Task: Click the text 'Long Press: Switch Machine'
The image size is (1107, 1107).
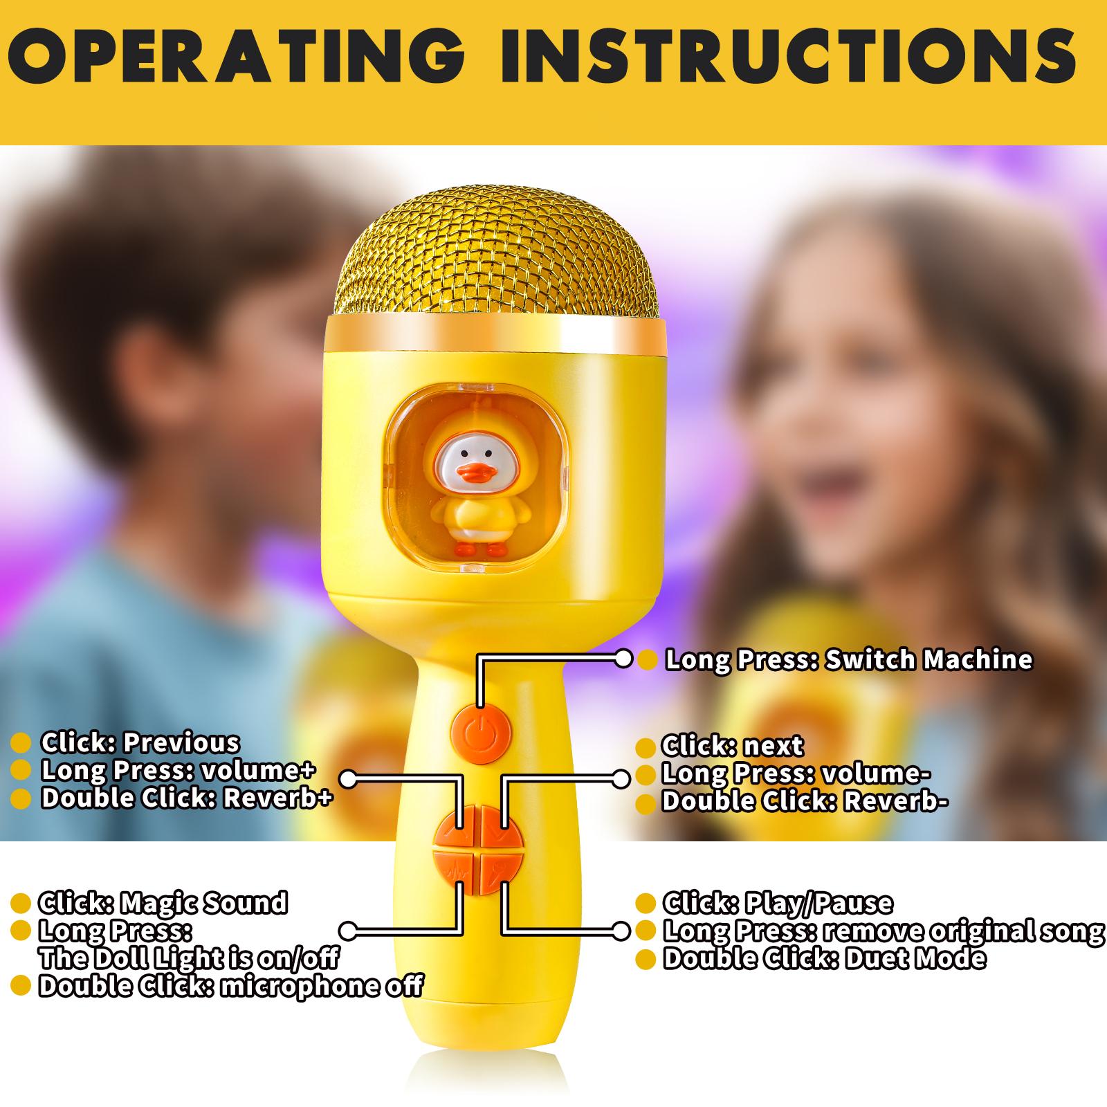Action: coord(848,659)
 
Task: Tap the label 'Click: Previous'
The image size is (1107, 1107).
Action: coord(140,742)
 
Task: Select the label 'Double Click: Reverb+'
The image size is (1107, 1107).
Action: coord(187,798)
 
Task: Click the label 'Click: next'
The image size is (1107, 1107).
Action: coord(732,746)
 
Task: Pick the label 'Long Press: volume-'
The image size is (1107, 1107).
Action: coord(796,774)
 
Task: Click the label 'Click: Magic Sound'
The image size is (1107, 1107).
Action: coord(163,903)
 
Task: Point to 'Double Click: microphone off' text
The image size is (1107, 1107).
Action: coord(230,986)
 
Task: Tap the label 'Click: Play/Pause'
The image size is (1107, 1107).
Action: coord(778,903)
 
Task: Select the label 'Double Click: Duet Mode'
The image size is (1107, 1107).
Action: coord(824,958)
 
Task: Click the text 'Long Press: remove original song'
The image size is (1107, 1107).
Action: coord(884,931)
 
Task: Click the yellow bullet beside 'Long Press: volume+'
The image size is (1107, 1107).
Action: coord(21,771)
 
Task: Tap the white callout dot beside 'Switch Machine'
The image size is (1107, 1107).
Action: coord(623,659)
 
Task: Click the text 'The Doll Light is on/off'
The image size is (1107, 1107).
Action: coord(189,958)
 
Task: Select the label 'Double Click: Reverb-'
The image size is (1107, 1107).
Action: coord(805,801)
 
